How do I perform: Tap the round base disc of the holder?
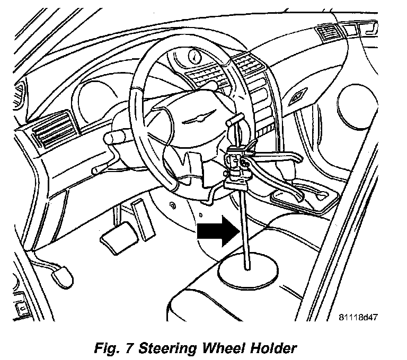(x=247, y=272)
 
